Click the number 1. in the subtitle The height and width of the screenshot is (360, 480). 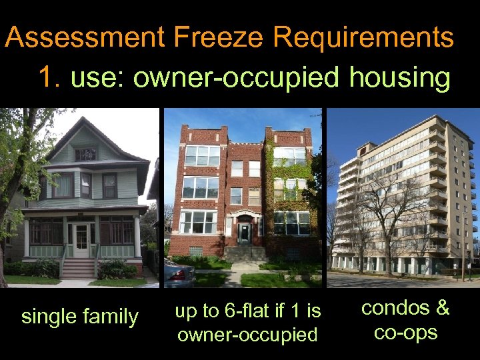50,78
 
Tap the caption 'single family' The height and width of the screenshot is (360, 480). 79,316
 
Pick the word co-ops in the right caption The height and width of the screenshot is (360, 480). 405,331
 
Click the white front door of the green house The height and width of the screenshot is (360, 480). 82,241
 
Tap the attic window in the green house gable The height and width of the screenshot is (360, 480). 85,154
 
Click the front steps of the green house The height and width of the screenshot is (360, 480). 78,269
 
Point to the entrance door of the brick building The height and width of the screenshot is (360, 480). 244,234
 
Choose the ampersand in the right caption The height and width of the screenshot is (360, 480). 441,308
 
